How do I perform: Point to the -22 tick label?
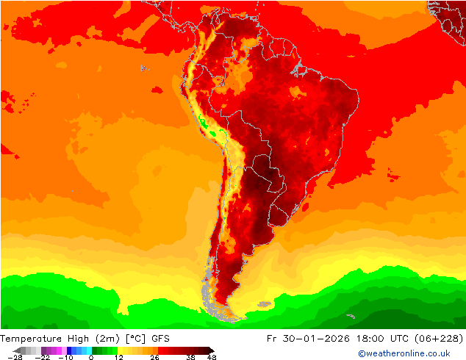point(43,357)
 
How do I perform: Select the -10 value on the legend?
point(66,357)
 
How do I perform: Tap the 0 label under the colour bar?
point(90,357)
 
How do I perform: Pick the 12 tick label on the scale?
point(118,357)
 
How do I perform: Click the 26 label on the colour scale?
point(154,357)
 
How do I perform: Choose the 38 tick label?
point(190,357)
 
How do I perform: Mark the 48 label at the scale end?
point(212,357)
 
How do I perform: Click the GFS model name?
point(162,339)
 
